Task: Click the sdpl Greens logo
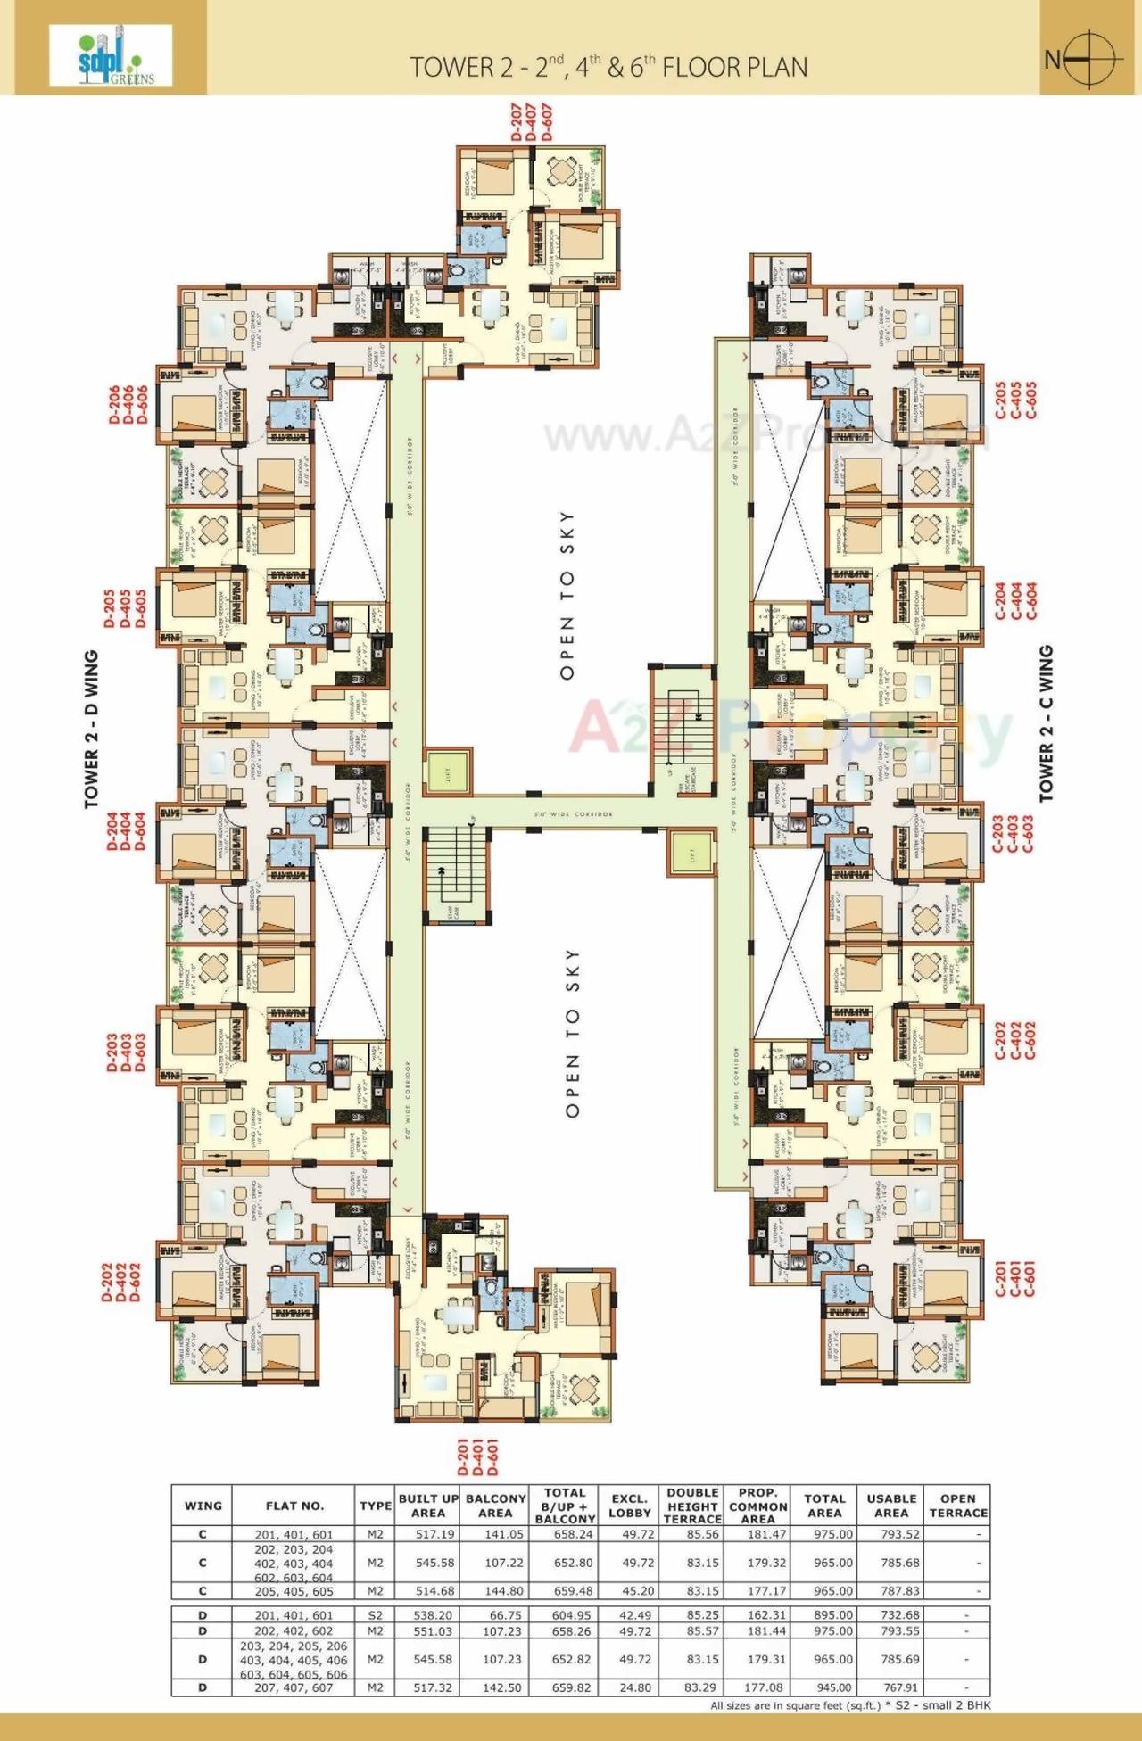[x=111, y=55]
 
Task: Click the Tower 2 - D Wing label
[x=91, y=730]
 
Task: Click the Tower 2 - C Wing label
[x=1047, y=723]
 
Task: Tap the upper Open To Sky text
[x=567, y=595]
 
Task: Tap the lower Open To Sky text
[x=572, y=1032]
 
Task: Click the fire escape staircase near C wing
[x=683, y=730]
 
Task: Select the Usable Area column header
[x=890, y=1505]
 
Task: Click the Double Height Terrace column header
[x=692, y=1505]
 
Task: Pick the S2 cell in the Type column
[x=376, y=1614]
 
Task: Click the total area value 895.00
[x=824, y=1614]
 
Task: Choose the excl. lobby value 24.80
[x=630, y=1687]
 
